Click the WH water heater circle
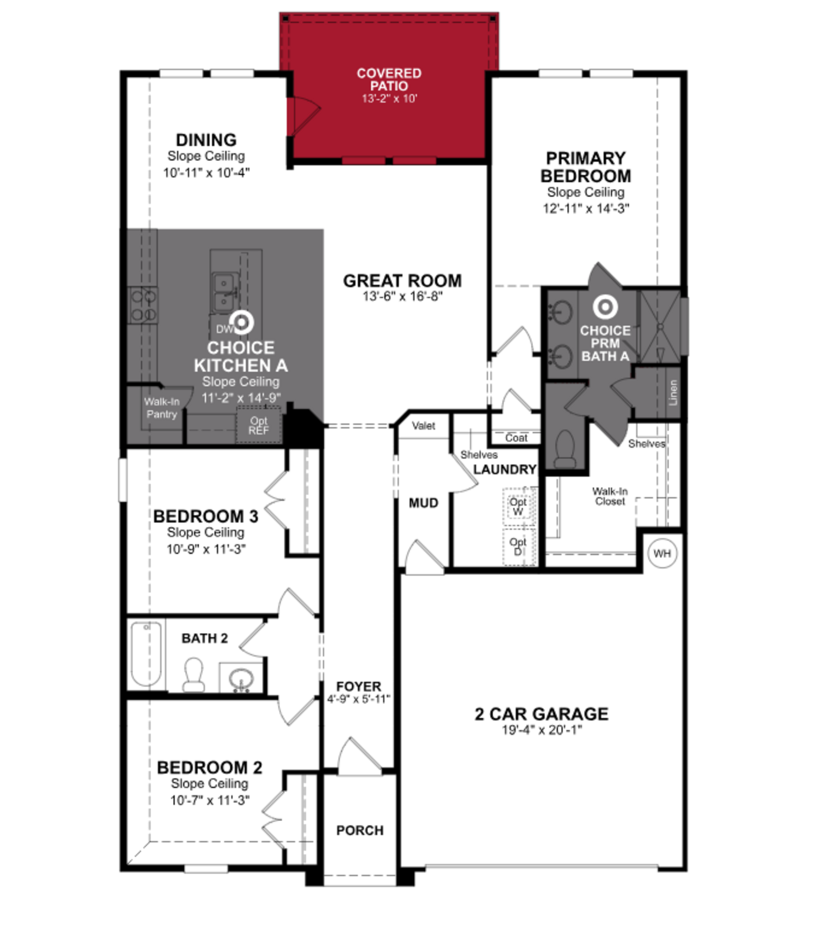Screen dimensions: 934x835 pyautogui.click(x=662, y=554)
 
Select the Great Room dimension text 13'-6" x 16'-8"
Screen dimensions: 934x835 pyautogui.click(x=402, y=296)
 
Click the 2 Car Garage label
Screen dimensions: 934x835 pyautogui.click(x=541, y=714)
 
